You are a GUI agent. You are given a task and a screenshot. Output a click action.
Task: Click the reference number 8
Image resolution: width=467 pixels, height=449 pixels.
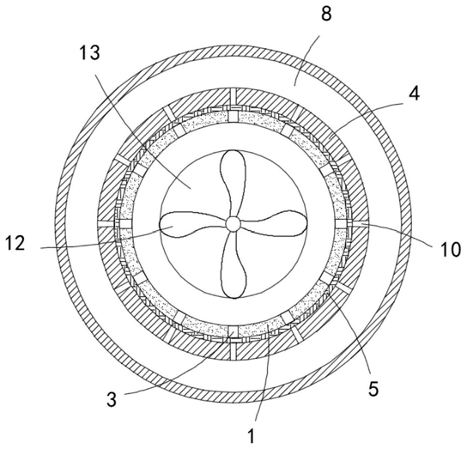point(326,13)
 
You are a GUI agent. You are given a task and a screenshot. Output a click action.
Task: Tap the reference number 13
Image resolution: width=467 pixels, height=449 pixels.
point(89,53)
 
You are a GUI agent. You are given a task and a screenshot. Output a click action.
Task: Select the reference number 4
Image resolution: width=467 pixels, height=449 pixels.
point(414,94)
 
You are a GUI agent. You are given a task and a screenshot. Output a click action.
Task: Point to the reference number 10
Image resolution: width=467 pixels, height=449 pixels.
point(451,249)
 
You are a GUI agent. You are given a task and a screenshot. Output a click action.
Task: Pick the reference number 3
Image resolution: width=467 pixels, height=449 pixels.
point(112,399)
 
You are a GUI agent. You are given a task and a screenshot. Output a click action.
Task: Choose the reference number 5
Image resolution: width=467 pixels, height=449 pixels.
point(373,389)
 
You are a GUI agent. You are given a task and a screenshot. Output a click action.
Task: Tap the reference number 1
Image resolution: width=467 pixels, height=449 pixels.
point(252,436)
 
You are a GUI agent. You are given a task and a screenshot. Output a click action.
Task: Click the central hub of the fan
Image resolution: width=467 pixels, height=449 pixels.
point(233,223)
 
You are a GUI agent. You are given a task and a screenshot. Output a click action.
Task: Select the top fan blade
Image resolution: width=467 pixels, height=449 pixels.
point(233,182)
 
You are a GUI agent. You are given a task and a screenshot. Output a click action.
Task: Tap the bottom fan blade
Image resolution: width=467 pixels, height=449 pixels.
point(233,265)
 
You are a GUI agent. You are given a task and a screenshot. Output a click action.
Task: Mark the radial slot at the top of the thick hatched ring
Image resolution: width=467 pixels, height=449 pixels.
point(233,98)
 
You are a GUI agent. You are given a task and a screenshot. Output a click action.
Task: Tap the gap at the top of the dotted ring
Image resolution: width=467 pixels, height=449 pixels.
point(233,116)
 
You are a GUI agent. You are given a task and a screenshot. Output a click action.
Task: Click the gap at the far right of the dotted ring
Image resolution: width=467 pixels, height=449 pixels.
point(341,223)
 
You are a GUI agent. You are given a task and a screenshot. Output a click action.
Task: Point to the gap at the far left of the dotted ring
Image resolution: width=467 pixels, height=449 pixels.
point(124,224)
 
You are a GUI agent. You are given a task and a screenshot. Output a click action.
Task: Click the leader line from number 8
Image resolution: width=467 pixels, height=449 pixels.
point(306,60)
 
